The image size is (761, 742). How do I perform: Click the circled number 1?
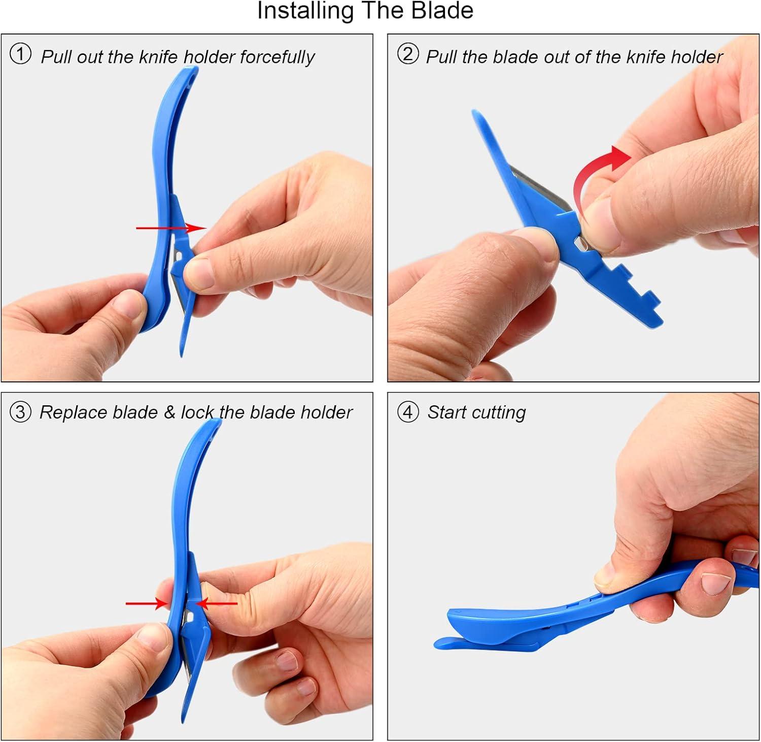[20, 54]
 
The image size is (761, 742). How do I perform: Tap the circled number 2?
[408, 54]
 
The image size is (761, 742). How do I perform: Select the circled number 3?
[20, 412]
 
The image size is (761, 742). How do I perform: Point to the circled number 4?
[408, 412]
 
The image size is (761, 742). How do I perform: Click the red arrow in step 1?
[171, 228]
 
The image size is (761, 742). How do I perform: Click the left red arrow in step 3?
[148, 604]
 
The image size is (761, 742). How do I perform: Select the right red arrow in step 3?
[217, 604]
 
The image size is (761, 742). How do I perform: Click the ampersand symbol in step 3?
[169, 412]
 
